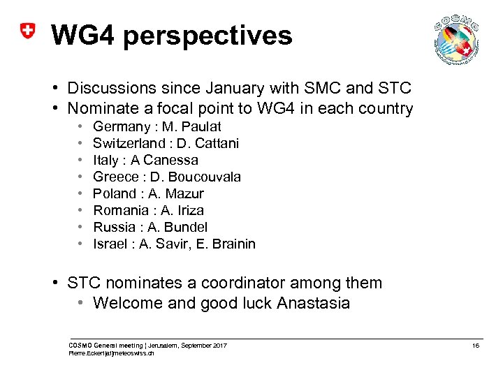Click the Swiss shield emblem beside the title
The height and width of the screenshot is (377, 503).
(x=27, y=32)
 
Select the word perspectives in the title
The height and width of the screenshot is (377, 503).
(x=210, y=36)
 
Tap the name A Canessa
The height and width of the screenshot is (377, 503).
(x=170, y=160)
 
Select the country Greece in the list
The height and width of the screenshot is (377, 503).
(x=115, y=177)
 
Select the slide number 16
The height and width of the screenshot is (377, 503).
(x=475, y=346)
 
